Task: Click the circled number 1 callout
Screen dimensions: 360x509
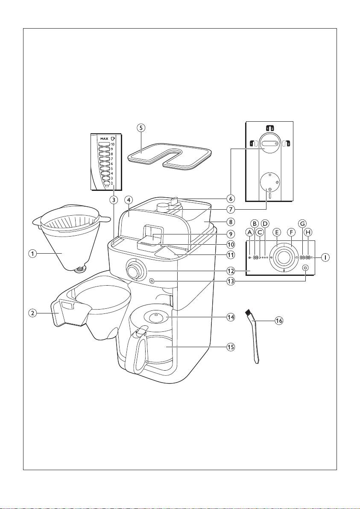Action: pos(32,254)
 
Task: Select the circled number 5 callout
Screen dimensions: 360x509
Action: pos(141,128)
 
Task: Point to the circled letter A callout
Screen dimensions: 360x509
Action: pos(249,232)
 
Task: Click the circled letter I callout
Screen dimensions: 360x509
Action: pos(325,258)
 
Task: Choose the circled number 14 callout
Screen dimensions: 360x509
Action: pos(231,317)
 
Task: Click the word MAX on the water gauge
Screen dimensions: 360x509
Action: pos(104,139)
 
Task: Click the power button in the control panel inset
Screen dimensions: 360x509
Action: pos(304,268)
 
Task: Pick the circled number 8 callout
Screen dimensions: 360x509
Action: pos(231,222)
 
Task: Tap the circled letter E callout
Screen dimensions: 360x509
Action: pos(277,232)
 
